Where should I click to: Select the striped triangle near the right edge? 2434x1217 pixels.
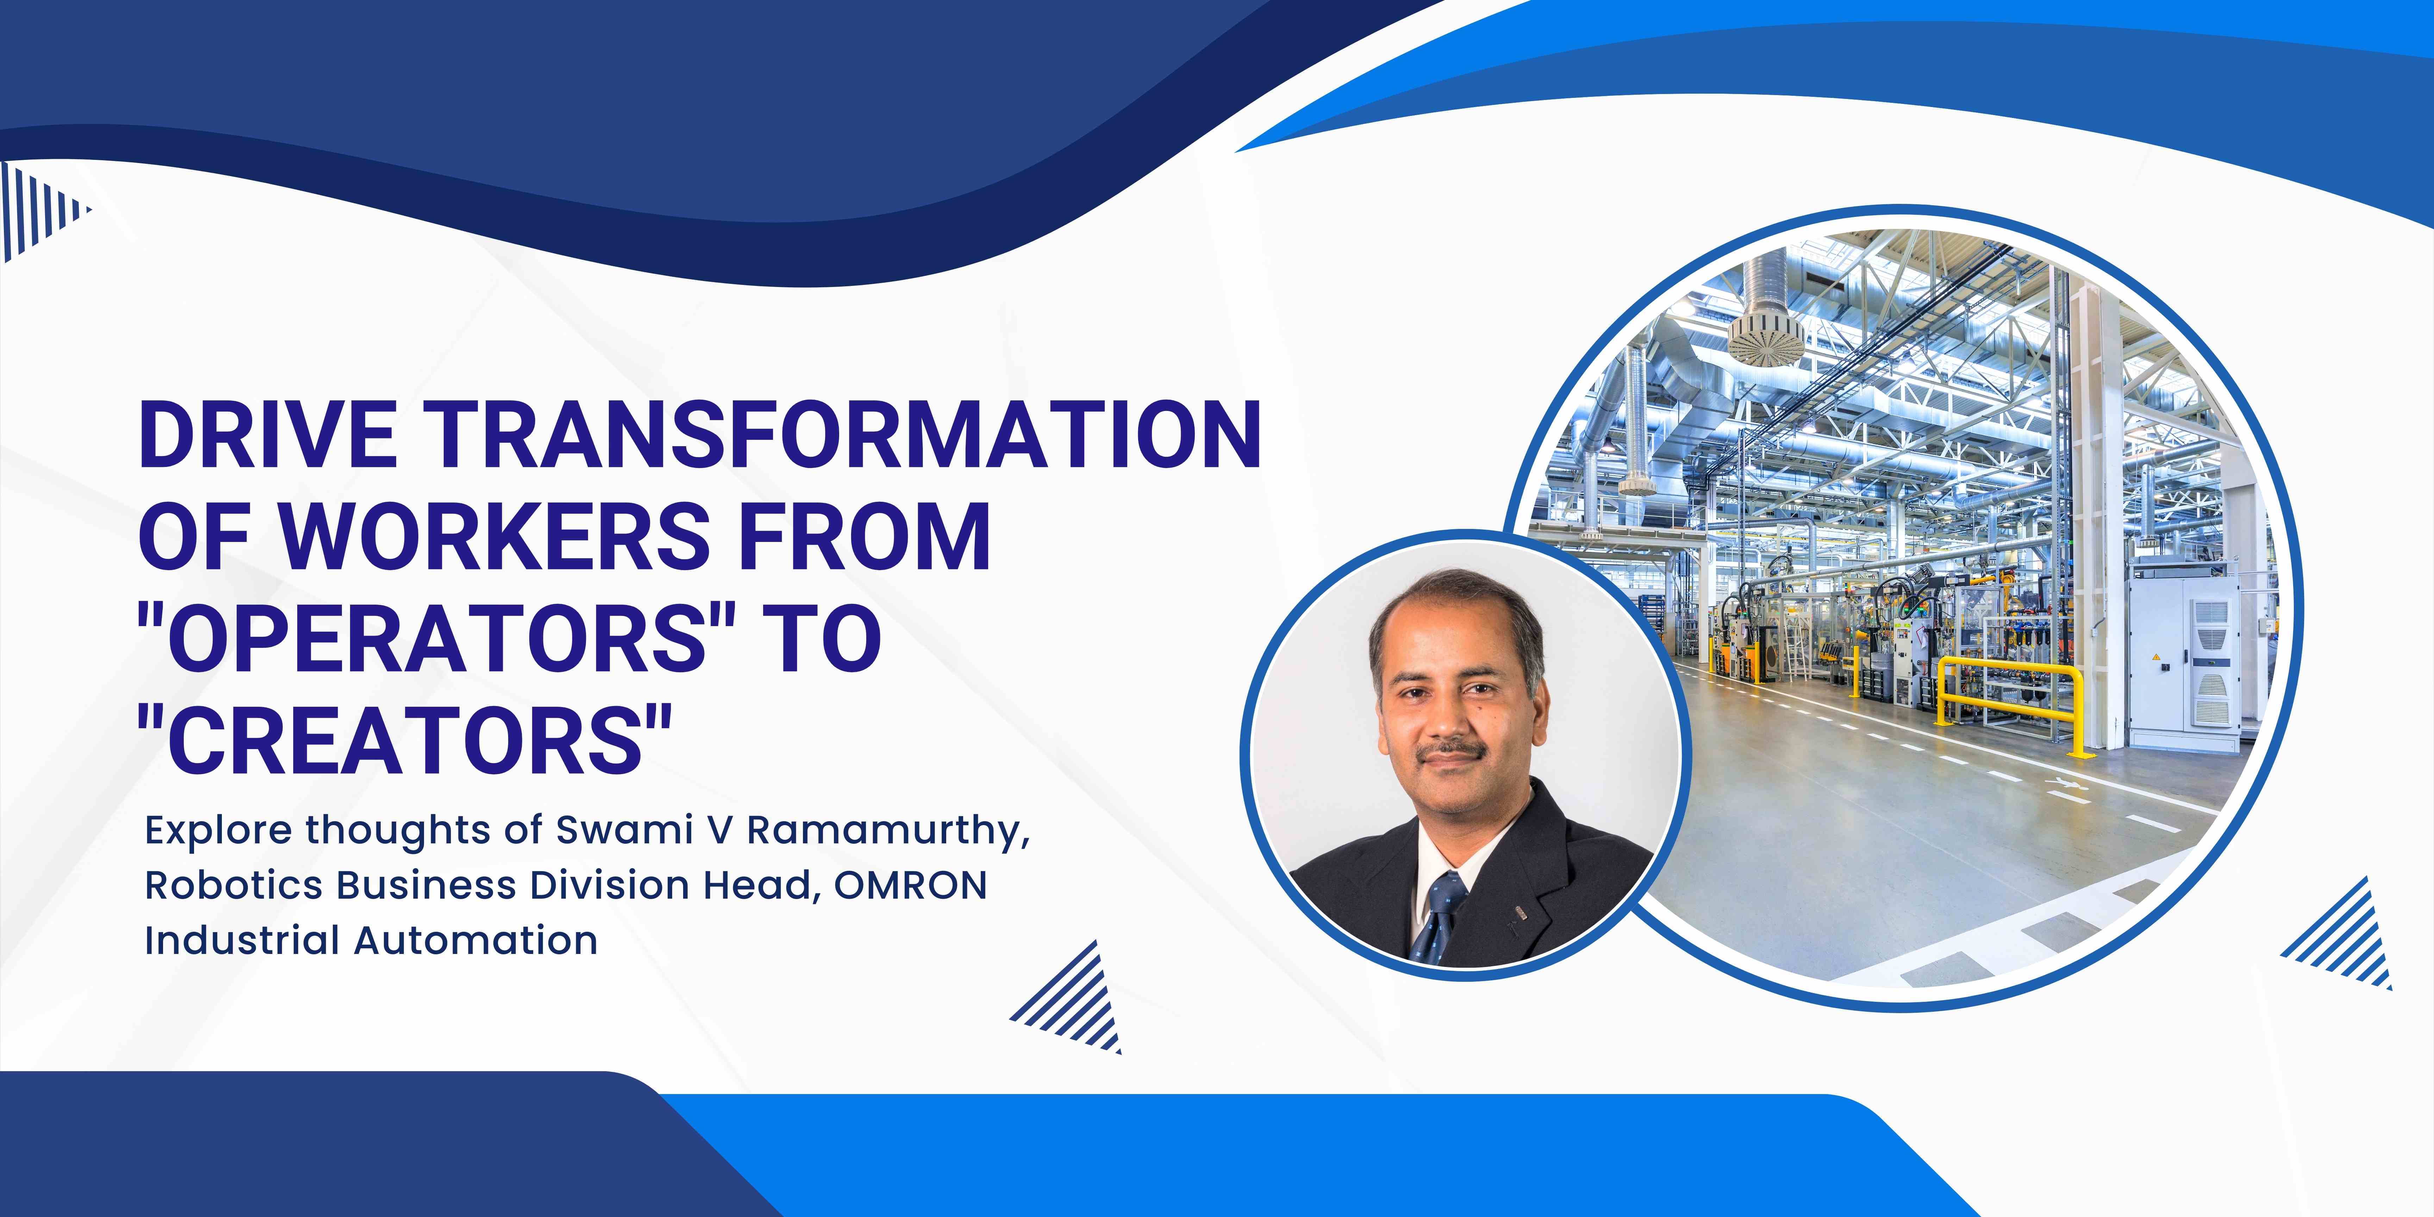(2343, 935)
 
